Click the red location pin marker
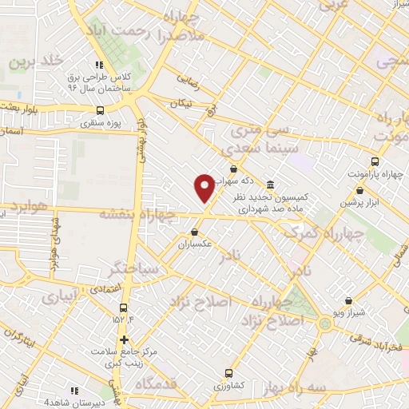coord(204,186)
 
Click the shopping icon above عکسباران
coord(194,232)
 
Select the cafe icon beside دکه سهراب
coord(233,169)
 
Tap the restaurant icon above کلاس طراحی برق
coord(99,65)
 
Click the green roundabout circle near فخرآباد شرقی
coord(325,323)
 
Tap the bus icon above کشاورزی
coord(228,372)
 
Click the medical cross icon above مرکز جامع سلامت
coord(123,340)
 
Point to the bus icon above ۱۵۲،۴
coord(123,308)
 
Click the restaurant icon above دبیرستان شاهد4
coord(73,391)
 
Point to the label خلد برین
coord(36,61)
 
